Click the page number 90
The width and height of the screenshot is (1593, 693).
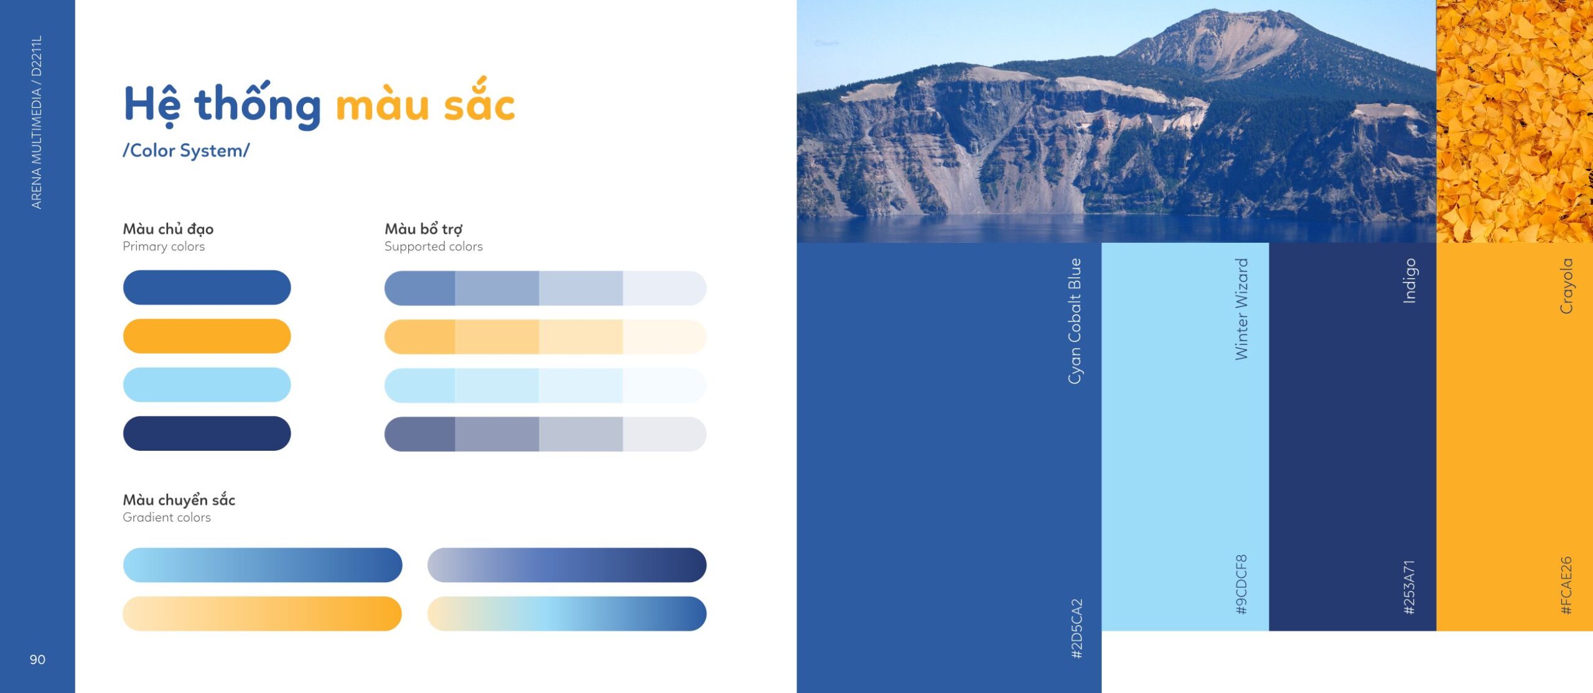click(37, 659)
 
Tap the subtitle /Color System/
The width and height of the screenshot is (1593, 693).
click(186, 151)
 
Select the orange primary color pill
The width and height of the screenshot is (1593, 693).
click(207, 336)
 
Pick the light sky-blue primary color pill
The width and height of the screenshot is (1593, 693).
click(207, 385)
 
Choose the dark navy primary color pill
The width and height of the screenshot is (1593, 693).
click(207, 433)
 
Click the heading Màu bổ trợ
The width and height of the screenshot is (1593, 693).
click(424, 229)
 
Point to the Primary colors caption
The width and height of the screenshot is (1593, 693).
click(164, 247)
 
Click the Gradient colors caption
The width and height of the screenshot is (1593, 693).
click(167, 517)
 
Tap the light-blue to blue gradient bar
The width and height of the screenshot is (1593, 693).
click(263, 565)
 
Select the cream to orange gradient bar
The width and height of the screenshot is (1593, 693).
click(263, 614)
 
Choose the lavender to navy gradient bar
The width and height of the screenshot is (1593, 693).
click(567, 565)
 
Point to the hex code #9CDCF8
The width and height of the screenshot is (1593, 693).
click(1241, 585)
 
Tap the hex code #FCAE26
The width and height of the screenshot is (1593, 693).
click(1566, 586)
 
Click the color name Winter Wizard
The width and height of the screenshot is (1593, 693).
click(1241, 309)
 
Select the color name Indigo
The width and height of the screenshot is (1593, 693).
click(1409, 281)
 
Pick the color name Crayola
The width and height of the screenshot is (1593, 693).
click(1566, 286)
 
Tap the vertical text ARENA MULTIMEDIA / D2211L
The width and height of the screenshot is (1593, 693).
click(37, 122)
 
